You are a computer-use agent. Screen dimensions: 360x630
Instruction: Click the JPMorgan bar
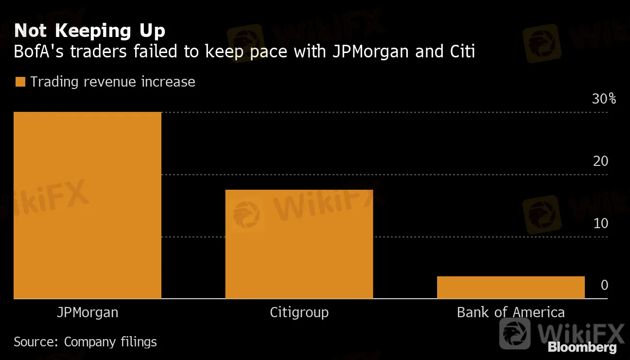click(87, 205)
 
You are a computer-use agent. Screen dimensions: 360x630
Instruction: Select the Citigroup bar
click(299, 244)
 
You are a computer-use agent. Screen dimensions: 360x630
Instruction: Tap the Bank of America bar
click(510, 287)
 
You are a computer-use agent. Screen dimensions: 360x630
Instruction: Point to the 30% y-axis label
click(604, 99)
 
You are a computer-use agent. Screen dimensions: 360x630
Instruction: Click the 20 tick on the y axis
click(601, 161)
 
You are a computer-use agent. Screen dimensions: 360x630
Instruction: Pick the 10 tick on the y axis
click(601, 223)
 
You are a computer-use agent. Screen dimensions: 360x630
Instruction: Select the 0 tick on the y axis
click(604, 285)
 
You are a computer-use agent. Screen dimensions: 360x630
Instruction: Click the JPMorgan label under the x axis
click(87, 312)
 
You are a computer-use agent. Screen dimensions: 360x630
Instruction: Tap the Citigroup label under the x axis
click(299, 312)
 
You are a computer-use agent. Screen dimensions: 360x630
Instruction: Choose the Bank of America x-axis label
click(510, 312)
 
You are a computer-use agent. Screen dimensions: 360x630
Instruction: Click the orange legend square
click(20, 82)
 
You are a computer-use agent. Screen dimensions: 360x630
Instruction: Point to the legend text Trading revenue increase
click(113, 82)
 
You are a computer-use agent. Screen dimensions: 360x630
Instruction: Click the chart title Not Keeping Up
click(90, 31)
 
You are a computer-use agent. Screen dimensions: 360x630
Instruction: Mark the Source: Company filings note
click(85, 342)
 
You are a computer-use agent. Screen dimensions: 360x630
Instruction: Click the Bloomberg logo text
click(582, 347)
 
